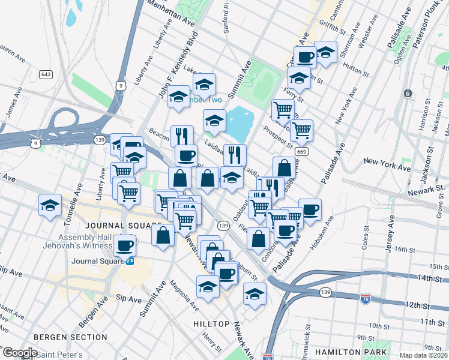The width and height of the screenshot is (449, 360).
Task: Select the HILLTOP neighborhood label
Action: tap(211, 324)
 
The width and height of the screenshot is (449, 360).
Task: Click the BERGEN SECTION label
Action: tap(70, 337)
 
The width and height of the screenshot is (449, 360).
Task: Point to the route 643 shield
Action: tap(46, 74)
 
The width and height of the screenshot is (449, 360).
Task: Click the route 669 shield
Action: tap(302, 152)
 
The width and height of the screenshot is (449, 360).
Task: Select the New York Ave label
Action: tap(387, 162)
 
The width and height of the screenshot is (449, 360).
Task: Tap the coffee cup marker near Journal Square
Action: tap(125, 245)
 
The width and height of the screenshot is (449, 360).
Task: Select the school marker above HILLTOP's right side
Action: tap(255, 294)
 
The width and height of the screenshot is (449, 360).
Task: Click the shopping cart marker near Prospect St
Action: tap(301, 129)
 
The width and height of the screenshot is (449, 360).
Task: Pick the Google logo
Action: tap(20, 353)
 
